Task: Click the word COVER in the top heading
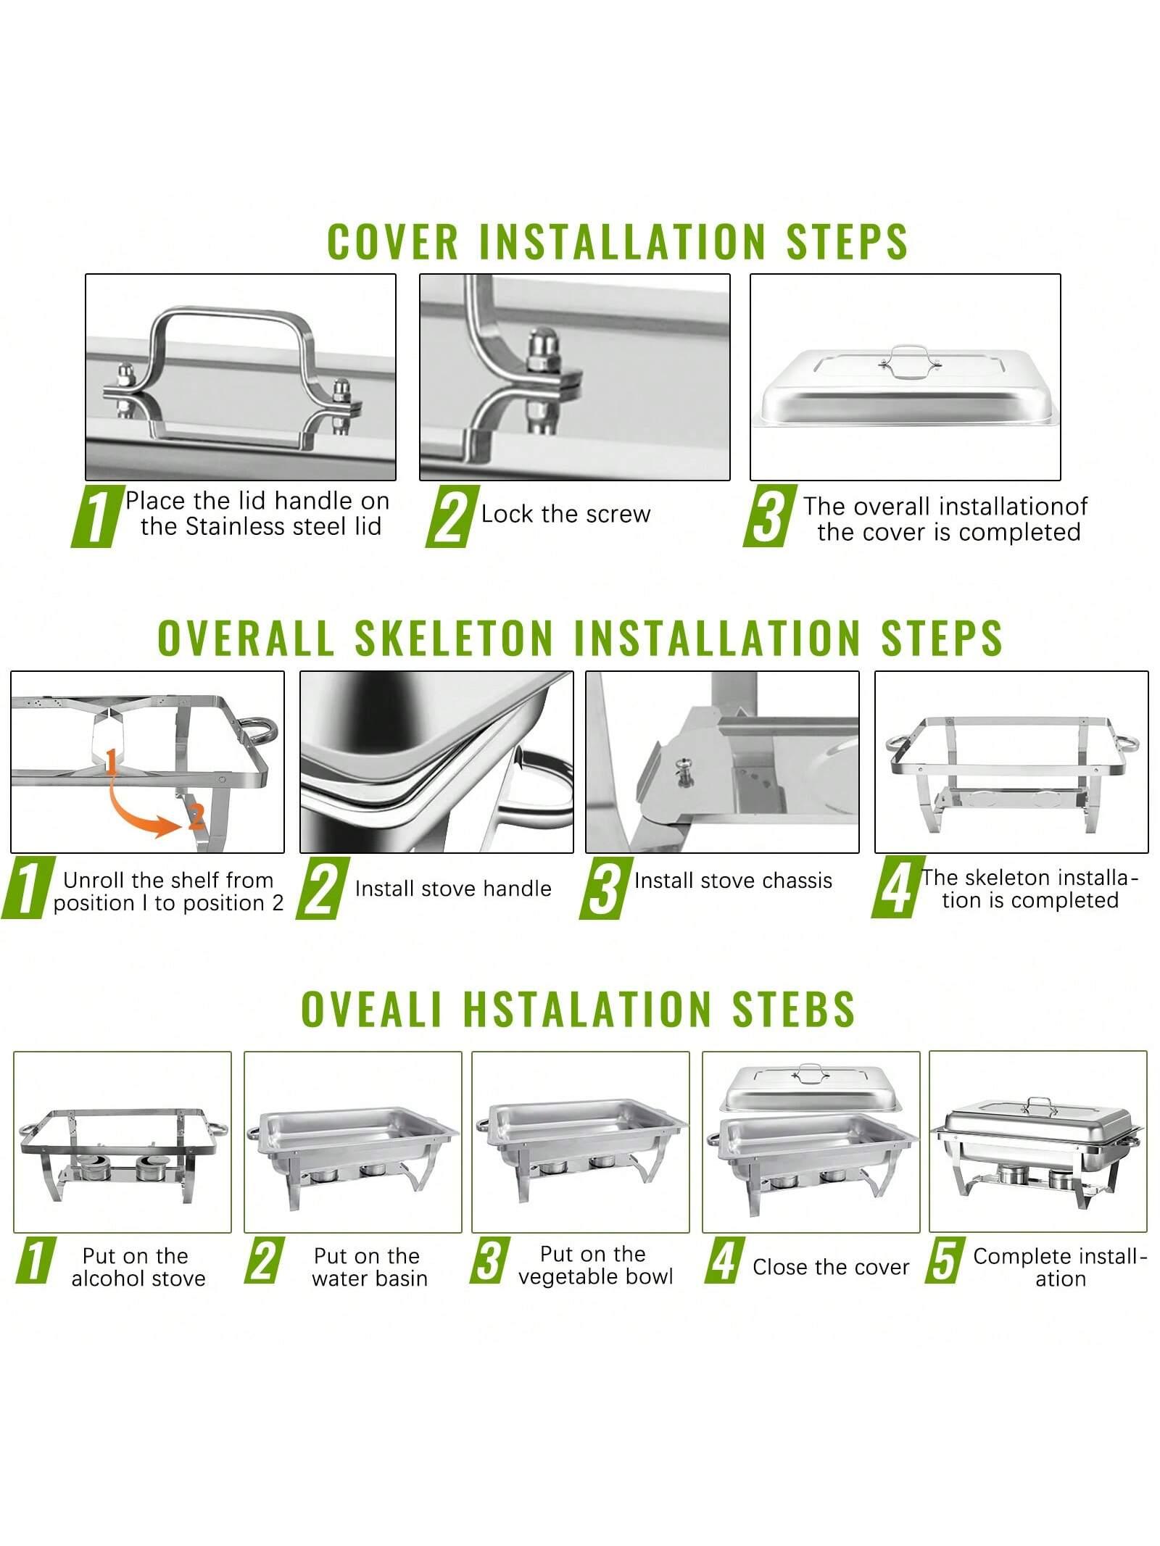(x=393, y=241)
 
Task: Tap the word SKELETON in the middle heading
(x=454, y=638)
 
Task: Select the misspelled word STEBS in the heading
(x=793, y=1007)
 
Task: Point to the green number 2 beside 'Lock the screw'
(x=451, y=516)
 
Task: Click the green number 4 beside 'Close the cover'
(x=723, y=1260)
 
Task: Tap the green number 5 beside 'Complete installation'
(x=943, y=1260)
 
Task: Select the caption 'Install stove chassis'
(x=733, y=880)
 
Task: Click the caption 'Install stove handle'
(x=453, y=889)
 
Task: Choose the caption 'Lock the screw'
(x=566, y=514)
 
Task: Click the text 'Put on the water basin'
(x=369, y=1267)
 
